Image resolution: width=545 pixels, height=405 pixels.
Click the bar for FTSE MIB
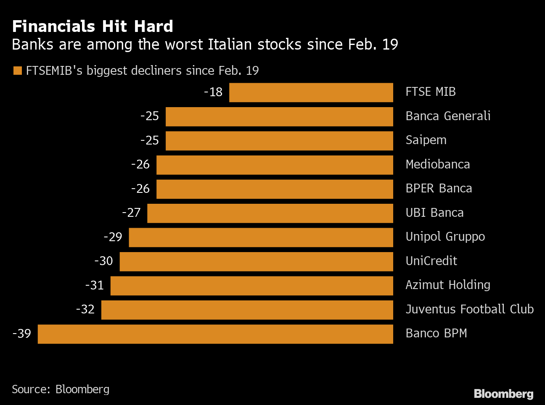[x=311, y=92]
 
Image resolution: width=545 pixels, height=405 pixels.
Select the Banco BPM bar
[x=215, y=334]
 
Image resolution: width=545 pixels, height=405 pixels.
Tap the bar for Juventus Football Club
[x=247, y=310]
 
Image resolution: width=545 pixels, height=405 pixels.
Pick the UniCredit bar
[x=257, y=261]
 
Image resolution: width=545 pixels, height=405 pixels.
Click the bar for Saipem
[x=279, y=141]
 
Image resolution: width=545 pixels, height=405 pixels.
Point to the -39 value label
[x=22, y=334]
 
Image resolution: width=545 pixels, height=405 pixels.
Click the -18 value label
[x=213, y=92]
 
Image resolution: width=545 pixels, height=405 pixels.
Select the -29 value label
[x=113, y=237]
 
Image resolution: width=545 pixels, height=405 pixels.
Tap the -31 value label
[x=95, y=285]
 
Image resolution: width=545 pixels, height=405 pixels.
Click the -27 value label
[x=131, y=213]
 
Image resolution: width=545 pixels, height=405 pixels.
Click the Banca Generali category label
[x=448, y=116]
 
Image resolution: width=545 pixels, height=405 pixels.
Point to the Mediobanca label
[x=437, y=164]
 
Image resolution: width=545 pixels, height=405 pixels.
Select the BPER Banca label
[x=439, y=188]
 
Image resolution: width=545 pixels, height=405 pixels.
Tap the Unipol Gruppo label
[x=445, y=237]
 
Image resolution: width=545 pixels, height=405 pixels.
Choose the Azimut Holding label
[x=448, y=285]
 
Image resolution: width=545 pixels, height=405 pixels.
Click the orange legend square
[x=17, y=71]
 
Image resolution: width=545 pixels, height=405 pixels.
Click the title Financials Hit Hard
[x=93, y=26]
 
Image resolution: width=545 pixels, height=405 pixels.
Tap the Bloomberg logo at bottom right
[x=503, y=394]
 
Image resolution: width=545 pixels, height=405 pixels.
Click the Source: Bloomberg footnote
[x=61, y=389]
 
